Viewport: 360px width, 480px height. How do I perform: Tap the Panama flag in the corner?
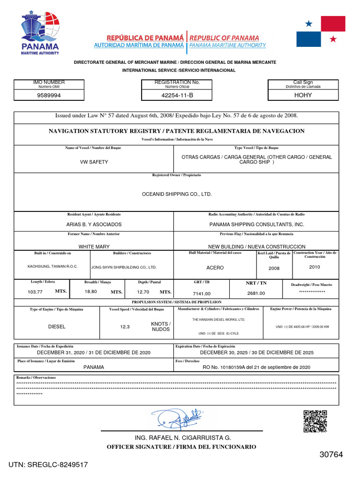[321, 31]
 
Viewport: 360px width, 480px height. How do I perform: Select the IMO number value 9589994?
[49, 95]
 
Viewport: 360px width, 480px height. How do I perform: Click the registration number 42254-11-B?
[170, 95]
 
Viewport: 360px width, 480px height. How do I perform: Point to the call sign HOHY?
[303, 95]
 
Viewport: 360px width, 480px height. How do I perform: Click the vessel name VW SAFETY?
[94, 162]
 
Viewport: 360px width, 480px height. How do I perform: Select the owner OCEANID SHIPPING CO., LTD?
[177, 194]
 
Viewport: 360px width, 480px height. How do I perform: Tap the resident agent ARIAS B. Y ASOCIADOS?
[94, 225]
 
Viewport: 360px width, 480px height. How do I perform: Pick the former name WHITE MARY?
[94, 247]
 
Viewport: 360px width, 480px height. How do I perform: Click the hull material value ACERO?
[215, 268]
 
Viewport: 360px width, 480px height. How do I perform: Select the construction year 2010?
[315, 267]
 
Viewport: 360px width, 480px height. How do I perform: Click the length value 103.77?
[35, 292]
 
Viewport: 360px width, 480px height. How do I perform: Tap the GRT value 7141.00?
[202, 293]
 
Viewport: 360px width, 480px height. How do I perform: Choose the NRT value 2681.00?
[256, 293]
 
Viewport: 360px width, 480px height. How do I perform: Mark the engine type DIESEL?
[57, 326]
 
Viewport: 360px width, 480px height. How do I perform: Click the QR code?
[315, 421]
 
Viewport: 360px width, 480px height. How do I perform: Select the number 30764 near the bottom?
[331, 455]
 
